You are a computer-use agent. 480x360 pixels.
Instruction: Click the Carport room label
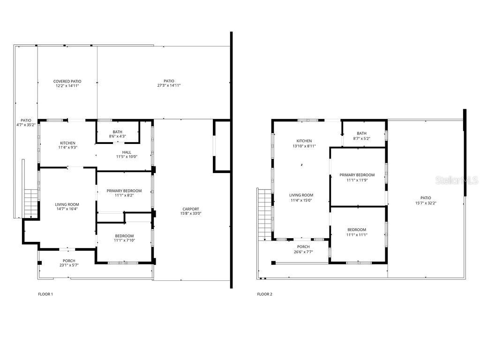191,211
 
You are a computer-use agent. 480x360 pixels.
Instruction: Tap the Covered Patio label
67,83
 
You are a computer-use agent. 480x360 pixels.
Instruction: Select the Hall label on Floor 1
127,154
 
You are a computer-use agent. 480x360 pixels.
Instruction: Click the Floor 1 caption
45,294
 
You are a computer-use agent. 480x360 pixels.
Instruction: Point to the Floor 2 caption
264,294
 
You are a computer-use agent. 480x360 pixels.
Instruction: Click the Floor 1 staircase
31,203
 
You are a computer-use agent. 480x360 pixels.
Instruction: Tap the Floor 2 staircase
265,214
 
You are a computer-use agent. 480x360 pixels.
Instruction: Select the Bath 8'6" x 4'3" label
118,134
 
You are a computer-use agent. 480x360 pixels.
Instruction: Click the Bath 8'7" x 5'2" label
361,135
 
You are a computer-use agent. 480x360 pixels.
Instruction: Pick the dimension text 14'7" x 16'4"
67,209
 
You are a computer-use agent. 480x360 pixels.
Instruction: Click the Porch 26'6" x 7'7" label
303,249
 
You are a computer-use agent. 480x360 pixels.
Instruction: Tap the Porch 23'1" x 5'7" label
69,263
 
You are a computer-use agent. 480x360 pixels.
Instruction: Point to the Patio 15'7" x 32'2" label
426,200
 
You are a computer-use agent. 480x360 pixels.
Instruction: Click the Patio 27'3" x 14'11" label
169,83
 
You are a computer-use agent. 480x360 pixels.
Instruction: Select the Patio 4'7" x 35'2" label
26,122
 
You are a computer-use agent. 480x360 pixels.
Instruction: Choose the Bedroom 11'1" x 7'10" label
124,238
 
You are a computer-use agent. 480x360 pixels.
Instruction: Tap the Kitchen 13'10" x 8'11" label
304,143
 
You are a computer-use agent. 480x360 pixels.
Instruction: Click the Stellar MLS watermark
457,180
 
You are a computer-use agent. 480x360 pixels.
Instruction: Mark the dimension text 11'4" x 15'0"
301,200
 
